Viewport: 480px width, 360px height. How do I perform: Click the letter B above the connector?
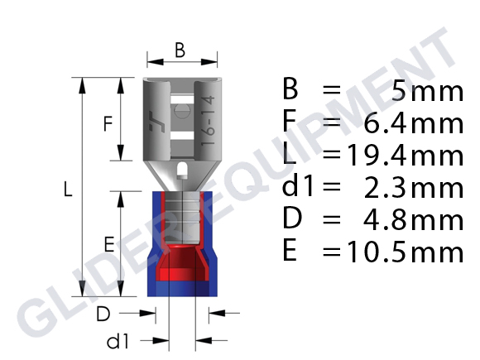180,50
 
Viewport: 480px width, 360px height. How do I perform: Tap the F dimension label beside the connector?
108,123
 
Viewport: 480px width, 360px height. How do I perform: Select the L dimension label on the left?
68,189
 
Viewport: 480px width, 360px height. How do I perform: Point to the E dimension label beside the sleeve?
109,244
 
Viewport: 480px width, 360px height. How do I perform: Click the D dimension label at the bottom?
103,314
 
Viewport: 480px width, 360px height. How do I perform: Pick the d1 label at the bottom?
118,341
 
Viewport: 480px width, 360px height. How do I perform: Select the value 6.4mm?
414,123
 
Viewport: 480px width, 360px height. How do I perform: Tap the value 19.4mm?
406,156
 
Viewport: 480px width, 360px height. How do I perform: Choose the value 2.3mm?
414,189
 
